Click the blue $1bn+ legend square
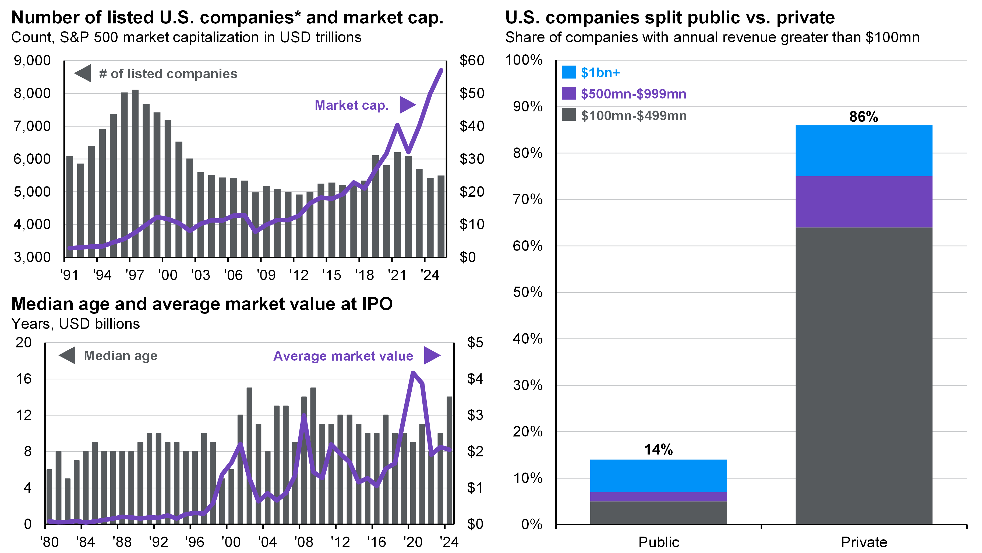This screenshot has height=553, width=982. (568, 72)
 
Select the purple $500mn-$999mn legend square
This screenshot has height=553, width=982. (568, 93)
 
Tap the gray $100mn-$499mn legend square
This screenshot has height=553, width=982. (568, 115)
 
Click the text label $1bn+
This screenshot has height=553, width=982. (600, 72)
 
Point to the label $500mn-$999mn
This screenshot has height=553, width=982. (633, 94)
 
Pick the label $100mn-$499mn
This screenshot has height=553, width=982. (634, 115)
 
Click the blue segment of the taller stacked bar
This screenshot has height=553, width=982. (864, 151)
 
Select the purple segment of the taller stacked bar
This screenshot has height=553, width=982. (864, 202)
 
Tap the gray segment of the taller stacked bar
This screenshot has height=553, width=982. (864, 376)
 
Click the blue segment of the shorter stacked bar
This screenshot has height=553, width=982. (658, 475)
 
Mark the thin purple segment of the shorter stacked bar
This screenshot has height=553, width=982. (658, 496)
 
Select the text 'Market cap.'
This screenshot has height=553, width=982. (351, 105)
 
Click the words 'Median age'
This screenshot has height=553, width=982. (121, 356)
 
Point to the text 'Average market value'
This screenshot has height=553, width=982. (343, 356)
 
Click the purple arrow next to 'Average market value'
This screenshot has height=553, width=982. (432, 355)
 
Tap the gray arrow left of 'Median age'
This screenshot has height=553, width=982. (68, 355)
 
